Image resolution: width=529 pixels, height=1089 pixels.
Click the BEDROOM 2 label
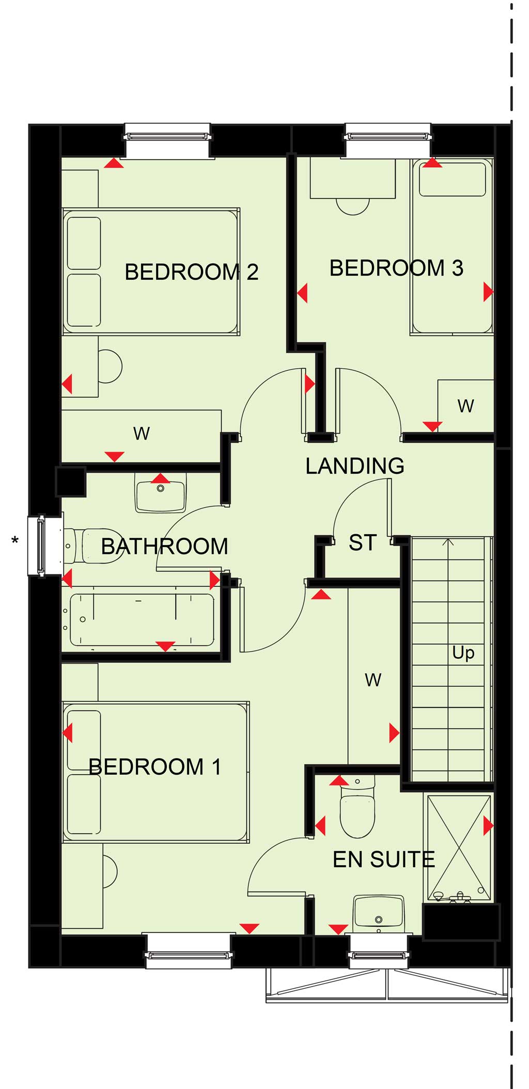point(192,272)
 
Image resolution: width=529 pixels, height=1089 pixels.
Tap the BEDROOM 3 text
point(397,268)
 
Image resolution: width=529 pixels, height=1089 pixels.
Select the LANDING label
point(355,466)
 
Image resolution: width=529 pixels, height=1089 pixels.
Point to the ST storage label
point(362,543)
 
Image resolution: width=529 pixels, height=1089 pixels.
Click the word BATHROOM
point(164,547)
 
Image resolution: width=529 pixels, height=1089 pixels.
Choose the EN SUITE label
point(384,860)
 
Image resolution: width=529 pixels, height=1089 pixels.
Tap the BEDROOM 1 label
point(155,767)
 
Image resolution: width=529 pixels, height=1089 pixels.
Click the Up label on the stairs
point(463,653)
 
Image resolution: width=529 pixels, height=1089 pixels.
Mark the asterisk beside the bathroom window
point(15,541)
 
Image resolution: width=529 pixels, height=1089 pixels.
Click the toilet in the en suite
point(357,807)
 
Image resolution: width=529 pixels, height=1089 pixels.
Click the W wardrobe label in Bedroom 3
point(465,406)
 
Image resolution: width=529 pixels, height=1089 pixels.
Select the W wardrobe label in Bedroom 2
point(142,433)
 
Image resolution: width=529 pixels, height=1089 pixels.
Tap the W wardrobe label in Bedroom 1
point(373,679)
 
